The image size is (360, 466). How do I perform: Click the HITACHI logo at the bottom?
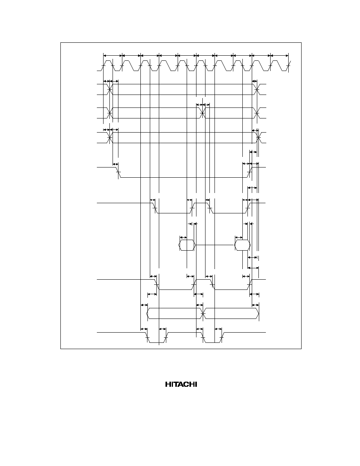point(181,384)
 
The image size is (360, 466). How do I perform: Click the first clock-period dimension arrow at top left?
point(113,55)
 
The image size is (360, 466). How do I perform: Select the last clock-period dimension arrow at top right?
point(279,55)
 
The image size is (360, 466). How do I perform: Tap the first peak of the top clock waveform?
point(108,61)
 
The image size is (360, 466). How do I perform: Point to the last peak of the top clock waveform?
point(276,61)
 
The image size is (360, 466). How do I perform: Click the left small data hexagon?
point(187,245)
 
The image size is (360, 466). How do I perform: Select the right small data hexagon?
point(242,245)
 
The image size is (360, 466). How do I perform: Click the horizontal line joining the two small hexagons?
point(215,245)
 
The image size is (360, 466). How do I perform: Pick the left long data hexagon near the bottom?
point(175,313)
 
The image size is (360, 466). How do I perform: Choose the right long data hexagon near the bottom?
point(231,313)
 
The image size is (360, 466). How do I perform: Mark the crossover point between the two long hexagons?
point(203,313)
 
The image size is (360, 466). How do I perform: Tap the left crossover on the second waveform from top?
point(110,89)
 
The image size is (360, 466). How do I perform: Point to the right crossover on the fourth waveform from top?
point(258,138)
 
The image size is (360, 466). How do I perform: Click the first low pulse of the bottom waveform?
point(156,338)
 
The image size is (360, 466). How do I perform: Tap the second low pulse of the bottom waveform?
point(213,338)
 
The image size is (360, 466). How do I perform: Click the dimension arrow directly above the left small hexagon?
point(184,237)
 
